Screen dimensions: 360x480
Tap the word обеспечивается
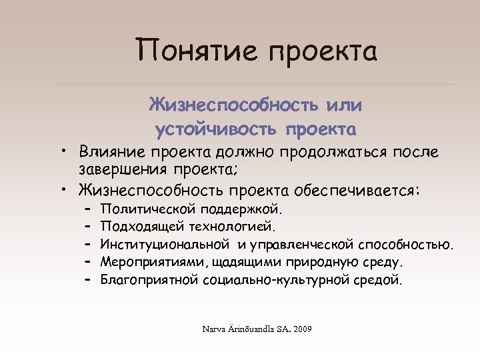(357, 191)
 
